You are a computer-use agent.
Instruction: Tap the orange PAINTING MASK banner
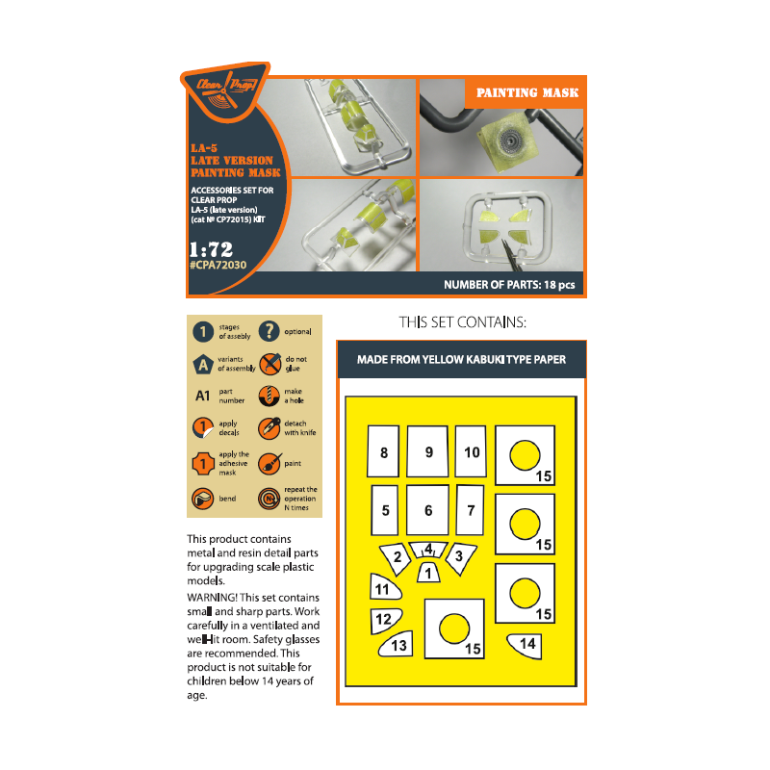click(526, 92)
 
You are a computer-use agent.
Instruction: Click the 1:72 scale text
click(211, 249)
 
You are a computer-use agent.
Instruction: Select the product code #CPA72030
click(218, 266)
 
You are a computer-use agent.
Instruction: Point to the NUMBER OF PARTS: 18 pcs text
click(509, 285)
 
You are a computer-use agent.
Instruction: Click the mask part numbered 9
click(427, 451)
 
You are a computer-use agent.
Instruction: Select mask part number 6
click(427, 510)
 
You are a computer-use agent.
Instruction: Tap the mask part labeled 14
click(525, 645)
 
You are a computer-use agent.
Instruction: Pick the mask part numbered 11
click(384, 587)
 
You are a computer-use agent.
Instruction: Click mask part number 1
click(428, 573)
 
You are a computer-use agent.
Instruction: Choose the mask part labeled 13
click(396, 644)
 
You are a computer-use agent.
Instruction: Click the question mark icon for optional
click(269, 331)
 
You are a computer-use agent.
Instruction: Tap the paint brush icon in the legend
click(269, 463)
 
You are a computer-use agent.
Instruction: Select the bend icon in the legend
click(203, 499)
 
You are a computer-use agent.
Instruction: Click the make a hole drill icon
click(269, 396)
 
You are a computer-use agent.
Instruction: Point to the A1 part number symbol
click(203, 396)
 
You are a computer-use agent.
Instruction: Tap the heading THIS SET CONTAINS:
click(462, 322)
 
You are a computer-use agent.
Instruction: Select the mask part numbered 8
click(383, 451)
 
